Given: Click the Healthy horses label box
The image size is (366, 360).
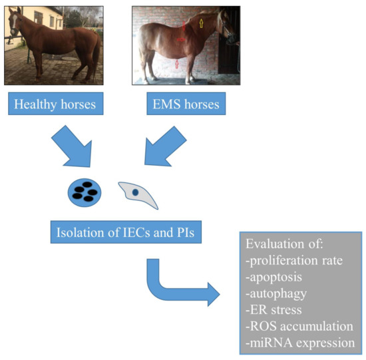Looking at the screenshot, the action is pyautogui.click(x=56, y=103).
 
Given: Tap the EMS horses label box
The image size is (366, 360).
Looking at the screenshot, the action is pyautogui.click(x=186, y=103).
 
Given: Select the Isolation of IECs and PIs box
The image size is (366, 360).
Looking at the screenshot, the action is pyautogui.click(x=126, y=232).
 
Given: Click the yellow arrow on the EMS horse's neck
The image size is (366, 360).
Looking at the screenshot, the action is pyautogui.click(x=201, y=23).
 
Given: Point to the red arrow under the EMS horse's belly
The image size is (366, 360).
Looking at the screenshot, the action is pyautogui.click(x=177, y=64).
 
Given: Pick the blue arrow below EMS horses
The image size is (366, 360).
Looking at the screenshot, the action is pyautogui.click(x=164, y=147).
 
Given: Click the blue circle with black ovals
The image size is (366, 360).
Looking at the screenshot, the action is pyautogui.click(x=85, y=192).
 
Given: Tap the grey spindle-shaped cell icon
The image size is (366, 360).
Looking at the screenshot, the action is pyautogui.click(x=138, y=194).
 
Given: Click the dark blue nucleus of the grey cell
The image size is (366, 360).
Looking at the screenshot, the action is pyautogui.click(x=135, y=192).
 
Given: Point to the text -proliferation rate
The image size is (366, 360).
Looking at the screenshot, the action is pyautogui.click(x=294, y=261).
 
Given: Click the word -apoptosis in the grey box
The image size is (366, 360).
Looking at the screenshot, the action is pyautogui.click(x=274, y=277).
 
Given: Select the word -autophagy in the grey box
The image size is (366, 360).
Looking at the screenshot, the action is pyautogui.click(x=276, y=294).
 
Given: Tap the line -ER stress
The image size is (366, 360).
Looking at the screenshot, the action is pyautogui.click(x=274, y=310).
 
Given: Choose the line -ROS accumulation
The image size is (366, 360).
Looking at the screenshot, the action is pyautogui.click(x=299, y=326).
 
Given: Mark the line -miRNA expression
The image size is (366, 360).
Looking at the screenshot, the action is pyautogui.click(x=300, y=343).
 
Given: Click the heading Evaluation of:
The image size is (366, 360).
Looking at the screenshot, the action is pyautogui.click(x=284, y=244).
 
